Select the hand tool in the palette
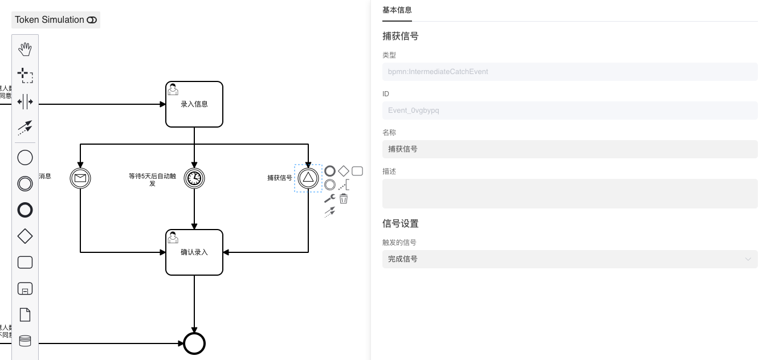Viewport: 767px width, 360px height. click(x=25, y=50)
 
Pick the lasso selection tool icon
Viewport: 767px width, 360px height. click(x=25, y=75)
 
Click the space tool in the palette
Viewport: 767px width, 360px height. click(x=25, y=102)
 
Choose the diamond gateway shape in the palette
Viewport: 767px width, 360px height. click(x=25, y=236)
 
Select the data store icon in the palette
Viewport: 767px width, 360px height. click(x=25, y=341)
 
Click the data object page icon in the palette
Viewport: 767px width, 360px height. click(x=25, y=314)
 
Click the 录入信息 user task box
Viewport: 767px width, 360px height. click(x=194, y=104)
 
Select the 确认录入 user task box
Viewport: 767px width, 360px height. click(x=194, y=252)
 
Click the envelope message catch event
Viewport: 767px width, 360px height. click(x=80, y=178)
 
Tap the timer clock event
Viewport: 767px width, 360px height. click(x=194, y=178)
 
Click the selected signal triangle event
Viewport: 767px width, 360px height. click(x=308, y=178)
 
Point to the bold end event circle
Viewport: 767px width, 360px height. click(x=194, y=343)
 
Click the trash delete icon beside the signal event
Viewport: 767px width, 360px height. click(x=344, y=199)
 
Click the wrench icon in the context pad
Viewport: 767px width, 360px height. click(x=329, y=199)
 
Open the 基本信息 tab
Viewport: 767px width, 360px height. click(x=397, y=10)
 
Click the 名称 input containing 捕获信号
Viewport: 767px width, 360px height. click(x=570, y=149)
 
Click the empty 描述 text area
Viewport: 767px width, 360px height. click(x=570, y=194)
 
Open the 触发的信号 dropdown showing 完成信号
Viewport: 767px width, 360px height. click(x=570, y=259)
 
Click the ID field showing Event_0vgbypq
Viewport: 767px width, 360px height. click(x=570, y=111)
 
